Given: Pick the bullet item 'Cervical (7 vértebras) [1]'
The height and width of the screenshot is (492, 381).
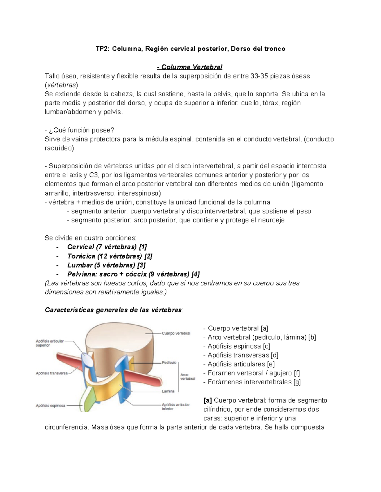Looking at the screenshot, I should click(107, 247).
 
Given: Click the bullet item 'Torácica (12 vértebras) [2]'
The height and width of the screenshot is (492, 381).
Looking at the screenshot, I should click(110, 256).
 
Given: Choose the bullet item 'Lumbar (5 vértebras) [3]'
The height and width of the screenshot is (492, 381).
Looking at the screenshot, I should click(106, 265).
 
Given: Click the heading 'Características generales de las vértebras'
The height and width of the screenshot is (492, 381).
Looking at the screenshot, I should click(113, 310).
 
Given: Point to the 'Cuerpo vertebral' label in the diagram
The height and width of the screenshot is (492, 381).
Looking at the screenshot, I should click(176, 333).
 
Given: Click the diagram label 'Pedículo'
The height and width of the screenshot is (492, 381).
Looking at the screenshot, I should click(169, 362).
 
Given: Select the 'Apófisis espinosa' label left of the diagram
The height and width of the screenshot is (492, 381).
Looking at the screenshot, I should click(50, 406).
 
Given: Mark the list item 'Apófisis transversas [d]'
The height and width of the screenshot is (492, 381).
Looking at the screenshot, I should click(243, 355).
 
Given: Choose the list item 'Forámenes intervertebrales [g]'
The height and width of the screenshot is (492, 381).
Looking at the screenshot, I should click(254, 382).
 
